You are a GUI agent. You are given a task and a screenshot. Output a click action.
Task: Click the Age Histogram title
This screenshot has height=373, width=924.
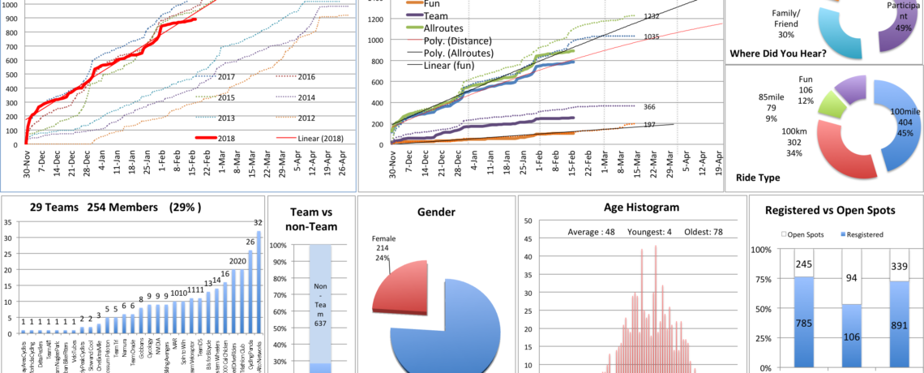(631, 212)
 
